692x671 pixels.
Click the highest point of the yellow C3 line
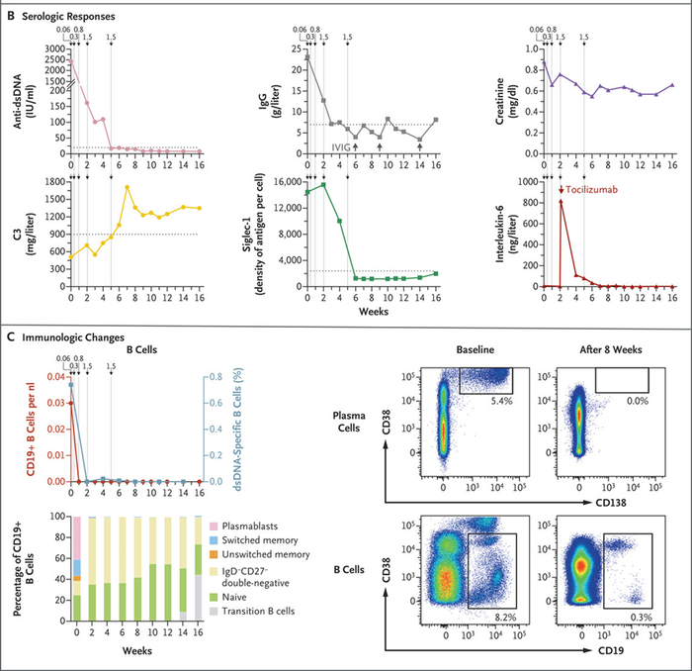[127, 187]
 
